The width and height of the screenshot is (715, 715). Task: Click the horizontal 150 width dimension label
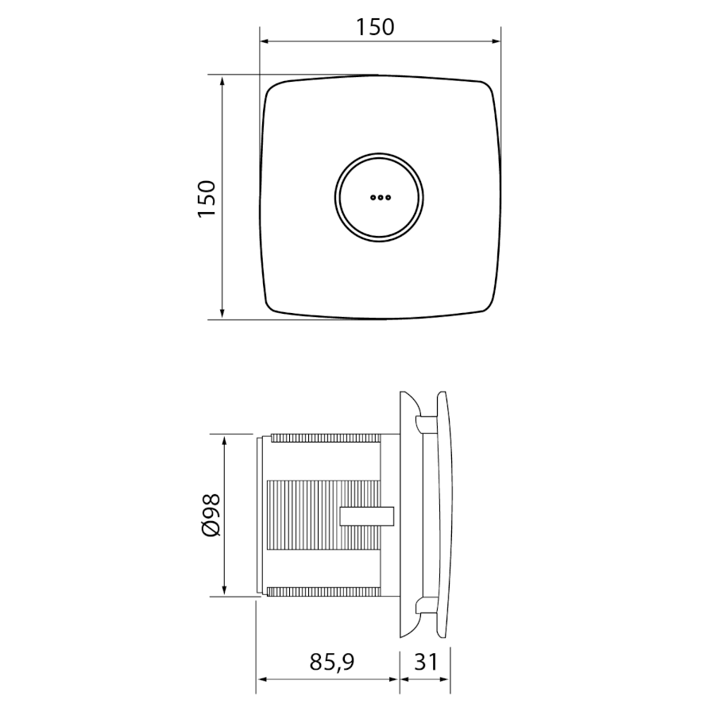(375, 27)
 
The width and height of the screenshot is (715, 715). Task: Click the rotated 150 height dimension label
(207, 199)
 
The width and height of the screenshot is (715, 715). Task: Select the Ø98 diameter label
(211, 515)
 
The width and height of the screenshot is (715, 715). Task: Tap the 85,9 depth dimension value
(332, 662)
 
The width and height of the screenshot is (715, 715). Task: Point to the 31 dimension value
(426, 661)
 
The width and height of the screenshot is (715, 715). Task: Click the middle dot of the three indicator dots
(381, 198)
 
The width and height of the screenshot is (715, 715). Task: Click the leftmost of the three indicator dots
(373, 198)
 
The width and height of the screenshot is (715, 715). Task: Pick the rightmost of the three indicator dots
(388, 198)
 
